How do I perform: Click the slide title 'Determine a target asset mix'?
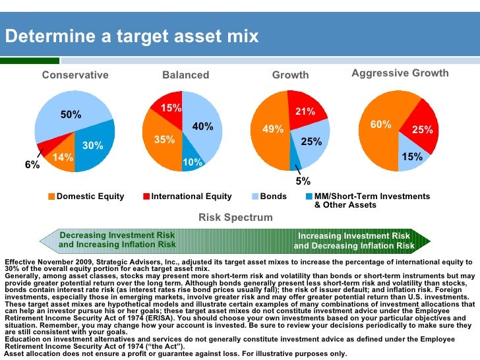click(132, 36)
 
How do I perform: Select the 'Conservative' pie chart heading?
click(75, 75)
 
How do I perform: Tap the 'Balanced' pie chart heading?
click(185, 75)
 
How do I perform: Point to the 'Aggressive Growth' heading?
click(400, 73)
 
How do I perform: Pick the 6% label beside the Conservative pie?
click(32, 165)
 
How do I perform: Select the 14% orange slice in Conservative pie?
click(63, 158)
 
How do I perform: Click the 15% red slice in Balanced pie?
click(171, 107)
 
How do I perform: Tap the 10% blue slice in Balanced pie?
click(193, 162)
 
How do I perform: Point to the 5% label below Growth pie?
click(303, 181)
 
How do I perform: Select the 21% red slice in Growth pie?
click(305, 112)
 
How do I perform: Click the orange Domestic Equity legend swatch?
click(52, 196)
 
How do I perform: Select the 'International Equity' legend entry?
click(191, 196)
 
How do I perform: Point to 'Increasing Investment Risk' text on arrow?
click(354, 236)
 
